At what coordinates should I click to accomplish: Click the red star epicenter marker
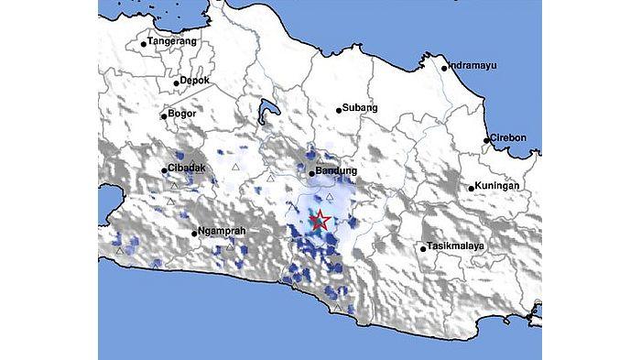coord(320,221)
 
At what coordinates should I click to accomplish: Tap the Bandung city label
coord(337,171)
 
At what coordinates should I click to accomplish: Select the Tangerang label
coord(172,40)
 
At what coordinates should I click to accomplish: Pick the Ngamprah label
coord(223,233)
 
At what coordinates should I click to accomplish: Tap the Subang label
coord(361,108)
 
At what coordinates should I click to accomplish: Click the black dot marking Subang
coord(339,110)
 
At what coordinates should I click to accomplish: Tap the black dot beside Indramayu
coord(444,67)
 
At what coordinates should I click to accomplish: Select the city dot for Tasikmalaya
coord(424,247)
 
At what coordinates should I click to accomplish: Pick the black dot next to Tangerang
coord(144,42)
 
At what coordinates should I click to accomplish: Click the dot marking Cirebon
coord(487,140)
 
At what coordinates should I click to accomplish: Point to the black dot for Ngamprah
coord(194,235)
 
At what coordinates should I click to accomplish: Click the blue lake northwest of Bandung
coord(267,112)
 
